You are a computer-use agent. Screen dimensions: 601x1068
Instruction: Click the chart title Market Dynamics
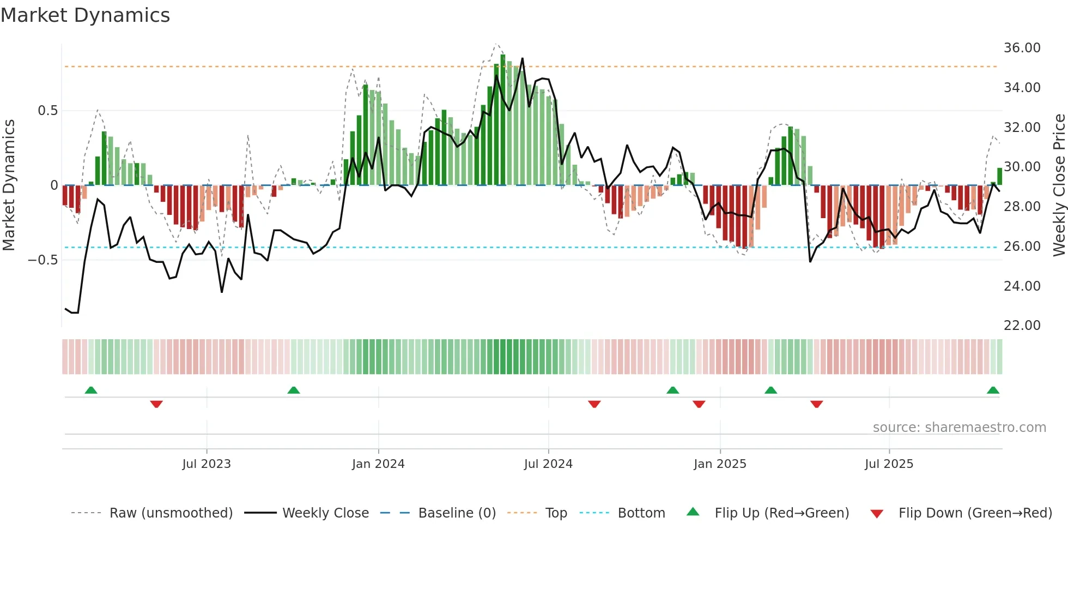pyautogui.click(x=86, y=15)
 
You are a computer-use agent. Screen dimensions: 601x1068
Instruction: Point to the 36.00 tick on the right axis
pyautogui.click(x=1022, y=48)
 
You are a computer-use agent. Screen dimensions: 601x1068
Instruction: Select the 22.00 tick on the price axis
pyautogui.click(x=1022, y=326)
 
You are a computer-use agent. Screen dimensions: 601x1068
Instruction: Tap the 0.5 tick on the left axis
pyautogui.click(x=47, y=111)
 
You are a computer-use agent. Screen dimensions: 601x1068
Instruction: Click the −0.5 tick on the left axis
pyautogui.click(x=43, y=260)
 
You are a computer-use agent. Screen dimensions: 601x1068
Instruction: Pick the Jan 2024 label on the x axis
pyautogui.click(x=378, y=464)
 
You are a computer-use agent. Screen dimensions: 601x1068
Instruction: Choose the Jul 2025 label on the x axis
pyautogui.click(x=889, y=464)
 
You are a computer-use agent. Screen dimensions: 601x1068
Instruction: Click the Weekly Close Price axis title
pyautogui.click(x=1059, y=185)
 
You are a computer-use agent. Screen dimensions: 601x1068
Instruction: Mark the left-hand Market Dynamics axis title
pyautogui.click(x=9, y=185)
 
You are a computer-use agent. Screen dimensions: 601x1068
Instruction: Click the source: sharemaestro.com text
pyautogui.click(x=959, y=428)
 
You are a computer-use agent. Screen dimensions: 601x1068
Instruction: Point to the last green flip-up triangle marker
pyautogui.click(x=993, y=390)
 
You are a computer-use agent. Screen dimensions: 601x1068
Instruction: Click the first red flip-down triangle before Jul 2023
pyautogui.click(x=156, y=404)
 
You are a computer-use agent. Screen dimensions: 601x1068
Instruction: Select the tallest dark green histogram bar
pyautogui.click(x=503, y=120)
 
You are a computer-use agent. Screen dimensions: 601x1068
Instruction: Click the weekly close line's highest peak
pyautogui.click(x=523, y=58)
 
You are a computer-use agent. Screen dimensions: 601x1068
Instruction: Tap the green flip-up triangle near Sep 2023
pyautogui.click(x=294, y=390)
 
